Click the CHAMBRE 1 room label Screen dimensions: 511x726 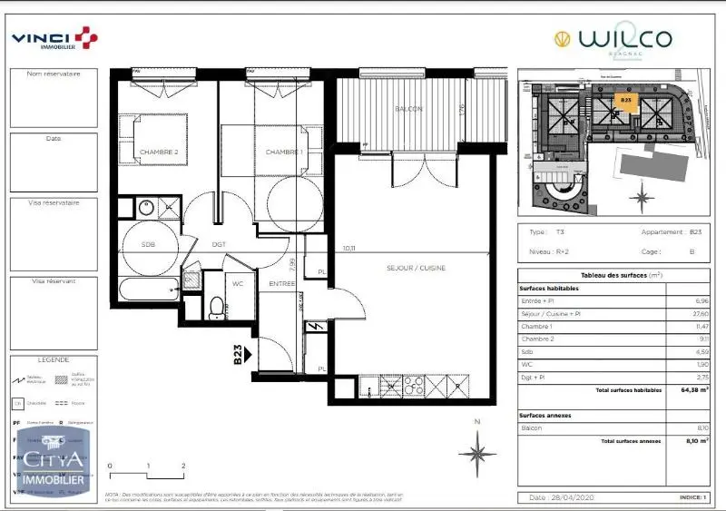(283, 152)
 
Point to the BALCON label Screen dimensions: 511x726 (408, 109)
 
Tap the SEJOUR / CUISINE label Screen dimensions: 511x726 (416, 267)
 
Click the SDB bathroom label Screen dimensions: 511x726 (149, 244)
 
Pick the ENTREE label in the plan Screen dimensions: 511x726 (281, 284)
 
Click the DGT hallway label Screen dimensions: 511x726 (219, 244)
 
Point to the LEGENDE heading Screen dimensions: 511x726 (53, 359)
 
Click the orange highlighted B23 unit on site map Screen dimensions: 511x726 (625, 103)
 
